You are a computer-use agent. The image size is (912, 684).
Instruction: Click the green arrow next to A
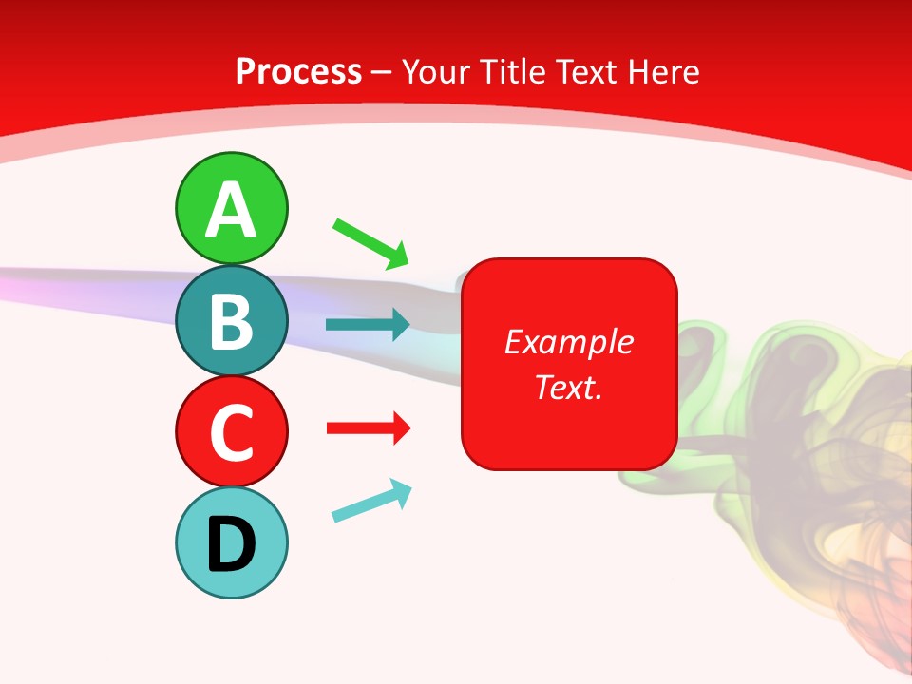(370, 243)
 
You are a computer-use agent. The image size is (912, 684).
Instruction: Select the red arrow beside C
(368, 428)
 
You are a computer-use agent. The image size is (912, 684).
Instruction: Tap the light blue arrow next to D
(371, 501)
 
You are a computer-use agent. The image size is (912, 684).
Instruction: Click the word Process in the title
(298, 71)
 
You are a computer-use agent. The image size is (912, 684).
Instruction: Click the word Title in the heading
(512, 71)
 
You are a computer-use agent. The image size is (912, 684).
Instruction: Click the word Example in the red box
(568, 342)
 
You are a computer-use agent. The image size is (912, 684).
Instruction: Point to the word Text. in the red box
(568, 387)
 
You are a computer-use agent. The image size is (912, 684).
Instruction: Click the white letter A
(231, 209)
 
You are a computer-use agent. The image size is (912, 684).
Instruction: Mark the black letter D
(231, 544)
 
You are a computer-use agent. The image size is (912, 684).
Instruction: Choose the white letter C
(231, 432)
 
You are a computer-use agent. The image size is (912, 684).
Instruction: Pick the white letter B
(231, 321)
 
